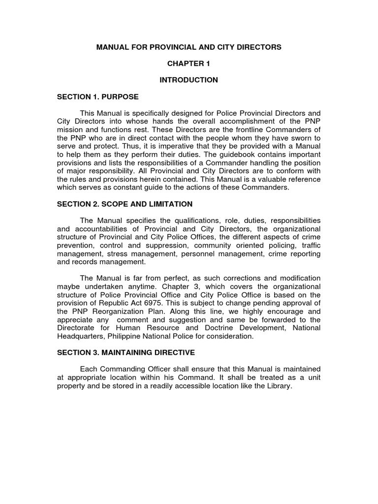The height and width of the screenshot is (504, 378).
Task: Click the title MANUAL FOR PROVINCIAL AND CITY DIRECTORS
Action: point(189,47)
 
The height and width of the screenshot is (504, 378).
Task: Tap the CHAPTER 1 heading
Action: point(189,63)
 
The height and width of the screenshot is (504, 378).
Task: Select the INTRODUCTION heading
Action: point(189,80)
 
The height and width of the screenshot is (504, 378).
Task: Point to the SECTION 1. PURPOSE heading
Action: point(98,96)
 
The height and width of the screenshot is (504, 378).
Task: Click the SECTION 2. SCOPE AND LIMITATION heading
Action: point(125,204)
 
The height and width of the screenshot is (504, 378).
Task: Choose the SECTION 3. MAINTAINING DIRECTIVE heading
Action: point(126,352)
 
